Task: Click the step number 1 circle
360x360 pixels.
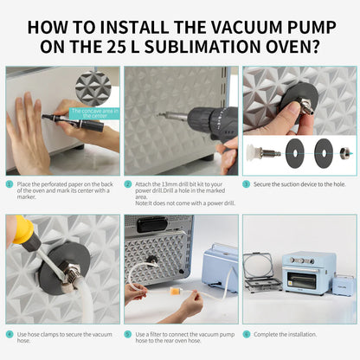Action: pyautogui.click(x=10, y=184)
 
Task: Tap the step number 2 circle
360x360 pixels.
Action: pyautogui.click(x=128, y=184)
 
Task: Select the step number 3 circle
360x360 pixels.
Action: pyautogui.click(x=246, y=184)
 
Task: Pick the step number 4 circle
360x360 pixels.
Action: pyautogui.click(x=10, y=333)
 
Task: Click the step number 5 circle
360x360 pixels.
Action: pyautogui.click(x=128, y=333)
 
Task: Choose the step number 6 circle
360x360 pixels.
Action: pyautogui.click(x=246, y=333)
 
